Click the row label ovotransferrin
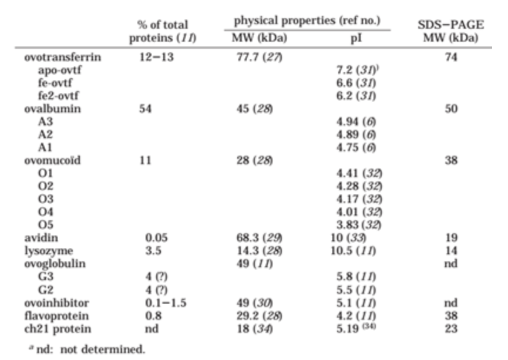coord(63,58)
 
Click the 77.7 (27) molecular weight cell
coord(259,58)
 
